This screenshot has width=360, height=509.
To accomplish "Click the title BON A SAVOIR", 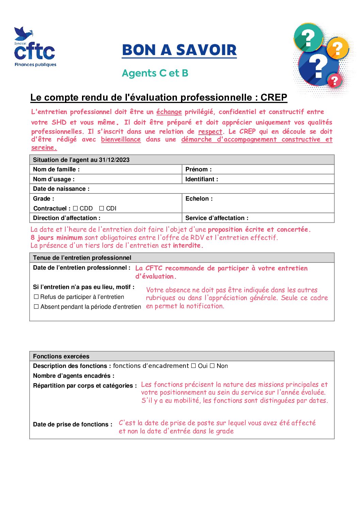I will pos(179,50).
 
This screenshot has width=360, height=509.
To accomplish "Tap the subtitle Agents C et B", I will pos(155,73).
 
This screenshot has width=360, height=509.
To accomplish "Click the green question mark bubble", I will pos(308,38).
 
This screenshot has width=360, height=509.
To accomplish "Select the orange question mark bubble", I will pos(338,49).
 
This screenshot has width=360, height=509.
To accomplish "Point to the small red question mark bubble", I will pos(334,81).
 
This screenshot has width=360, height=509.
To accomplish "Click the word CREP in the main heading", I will pos(274,98).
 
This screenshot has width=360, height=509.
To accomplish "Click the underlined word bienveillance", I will pos(121,139).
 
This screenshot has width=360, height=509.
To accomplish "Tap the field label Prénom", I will pos(198,169).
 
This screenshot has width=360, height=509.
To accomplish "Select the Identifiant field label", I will pos(202,179).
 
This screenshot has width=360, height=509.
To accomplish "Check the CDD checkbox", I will pos(76,208).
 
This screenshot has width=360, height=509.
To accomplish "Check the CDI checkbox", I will pos(101,208).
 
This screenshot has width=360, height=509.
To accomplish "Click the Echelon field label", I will pos(199,199).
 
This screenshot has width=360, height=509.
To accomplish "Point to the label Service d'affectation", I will pos(217,218).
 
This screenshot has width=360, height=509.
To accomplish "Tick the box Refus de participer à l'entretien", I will pos(36,297).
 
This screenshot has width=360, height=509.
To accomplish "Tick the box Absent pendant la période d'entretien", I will pos(36,307).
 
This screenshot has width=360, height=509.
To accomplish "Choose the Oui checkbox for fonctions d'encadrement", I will pos(193,366).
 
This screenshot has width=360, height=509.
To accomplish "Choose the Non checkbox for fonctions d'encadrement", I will pos(212,366).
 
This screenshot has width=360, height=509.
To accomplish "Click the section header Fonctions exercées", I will pos(61,356).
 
